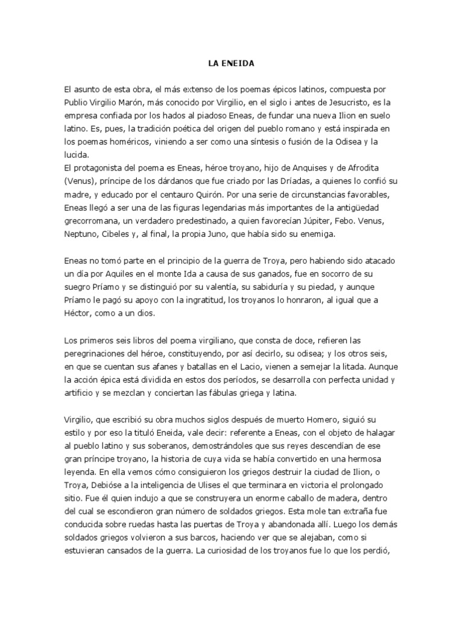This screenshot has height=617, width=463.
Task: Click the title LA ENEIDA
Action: coord(231,61)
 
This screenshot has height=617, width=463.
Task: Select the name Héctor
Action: coord(78,313)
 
